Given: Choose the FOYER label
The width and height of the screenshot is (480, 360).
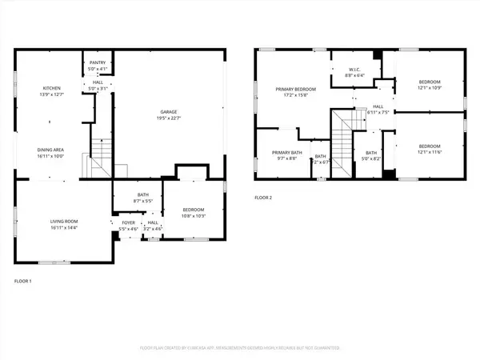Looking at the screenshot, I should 128,223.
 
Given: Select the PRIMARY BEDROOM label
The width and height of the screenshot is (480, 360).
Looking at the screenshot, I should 294,89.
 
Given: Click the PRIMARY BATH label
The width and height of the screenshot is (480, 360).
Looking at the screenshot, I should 286,152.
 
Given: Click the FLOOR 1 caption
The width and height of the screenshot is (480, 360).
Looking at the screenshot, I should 24,282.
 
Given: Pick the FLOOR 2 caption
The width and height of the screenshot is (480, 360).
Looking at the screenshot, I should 264,197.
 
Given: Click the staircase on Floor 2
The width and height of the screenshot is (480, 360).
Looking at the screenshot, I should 343,136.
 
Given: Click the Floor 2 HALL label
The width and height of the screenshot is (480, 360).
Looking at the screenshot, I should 378,106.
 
